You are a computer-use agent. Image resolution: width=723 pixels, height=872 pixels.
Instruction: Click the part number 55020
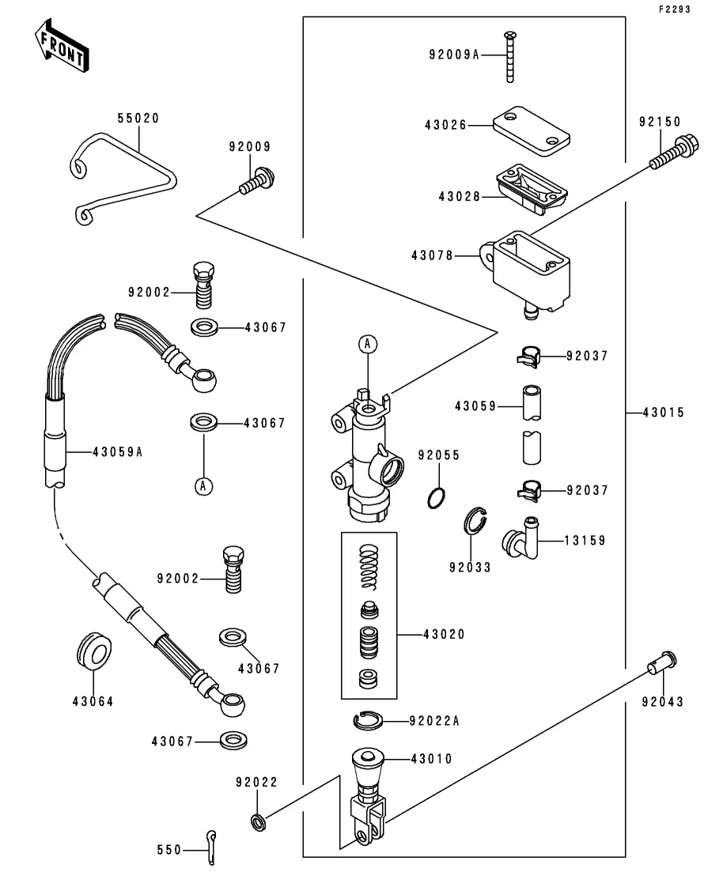pyautogui.click(x=138, y=119)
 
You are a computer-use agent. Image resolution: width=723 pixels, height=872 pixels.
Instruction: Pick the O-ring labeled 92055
pyautogui.click(x=436, y=497)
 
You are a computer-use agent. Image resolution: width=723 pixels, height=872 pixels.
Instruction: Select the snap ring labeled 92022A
pyautogui.click(x=367, y=720)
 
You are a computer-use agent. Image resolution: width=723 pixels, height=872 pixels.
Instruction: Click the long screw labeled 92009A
pyautogui.click(x=510, y=55)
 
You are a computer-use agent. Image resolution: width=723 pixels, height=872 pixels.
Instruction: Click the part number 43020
pyautogui.click(x=444, y=634)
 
